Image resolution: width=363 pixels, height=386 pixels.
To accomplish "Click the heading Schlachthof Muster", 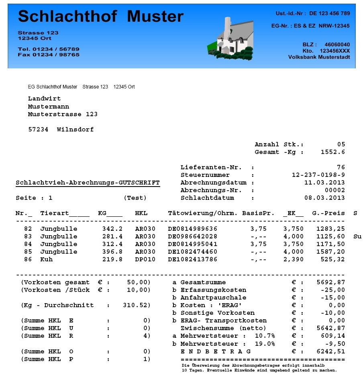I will (x=101, y=16).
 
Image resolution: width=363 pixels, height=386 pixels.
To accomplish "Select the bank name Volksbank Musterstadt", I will (x=319, y=57).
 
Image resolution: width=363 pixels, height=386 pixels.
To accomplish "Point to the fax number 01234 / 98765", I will (x=56, y=55).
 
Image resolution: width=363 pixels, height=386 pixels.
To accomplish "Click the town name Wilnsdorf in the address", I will (x=75, y=129).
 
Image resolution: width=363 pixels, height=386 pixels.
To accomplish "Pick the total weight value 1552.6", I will (x=332, y=152).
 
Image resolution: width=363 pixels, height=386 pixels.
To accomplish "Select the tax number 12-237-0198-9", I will (x=318, y=175).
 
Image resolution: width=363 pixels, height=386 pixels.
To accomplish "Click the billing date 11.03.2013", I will (x=324, y=183).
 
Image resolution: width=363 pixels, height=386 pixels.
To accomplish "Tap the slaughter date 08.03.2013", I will (x=324, y=198).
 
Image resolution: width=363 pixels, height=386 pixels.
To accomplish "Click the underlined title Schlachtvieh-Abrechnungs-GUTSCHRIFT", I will (x=88, y=183).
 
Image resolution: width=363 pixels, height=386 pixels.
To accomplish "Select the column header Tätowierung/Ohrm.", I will (x=202, y=213).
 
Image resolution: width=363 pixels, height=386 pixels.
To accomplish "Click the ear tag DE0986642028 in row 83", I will (x=192, y=236).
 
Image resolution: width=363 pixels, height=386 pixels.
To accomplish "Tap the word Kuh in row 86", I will (x=47, y=259).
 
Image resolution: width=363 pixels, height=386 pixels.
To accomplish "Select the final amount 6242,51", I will (x=330, y=351).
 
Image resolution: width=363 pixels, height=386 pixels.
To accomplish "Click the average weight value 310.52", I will (x=136, y=305).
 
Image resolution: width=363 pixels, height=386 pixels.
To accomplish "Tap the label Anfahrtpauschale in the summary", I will (x=213, y=298).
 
